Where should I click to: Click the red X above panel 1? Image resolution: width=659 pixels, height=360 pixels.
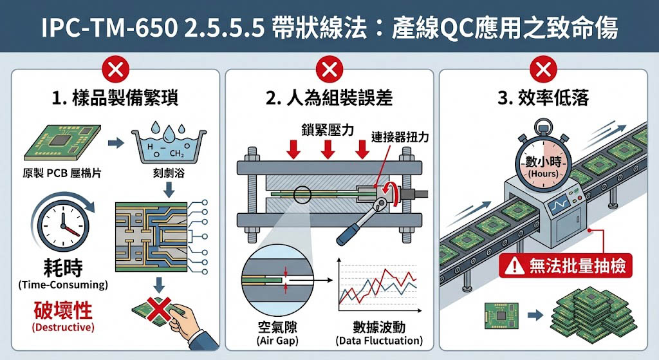[x=116, y=70]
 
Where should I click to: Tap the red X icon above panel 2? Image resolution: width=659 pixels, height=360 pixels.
[x=329, y=70]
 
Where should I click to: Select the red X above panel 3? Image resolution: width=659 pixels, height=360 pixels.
[x=543, y=70]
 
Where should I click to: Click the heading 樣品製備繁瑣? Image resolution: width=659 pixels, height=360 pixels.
[x=116, y=98]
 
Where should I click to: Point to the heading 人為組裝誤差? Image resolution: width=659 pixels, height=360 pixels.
[x=329, y=98]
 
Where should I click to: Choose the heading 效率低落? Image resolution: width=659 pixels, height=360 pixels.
[x=543, y=98]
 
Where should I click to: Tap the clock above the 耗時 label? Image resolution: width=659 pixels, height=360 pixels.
[x=64, y=222]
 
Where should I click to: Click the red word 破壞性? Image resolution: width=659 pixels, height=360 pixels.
[x=63, y=310]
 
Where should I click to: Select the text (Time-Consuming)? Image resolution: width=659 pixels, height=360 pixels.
[x=63, y=285]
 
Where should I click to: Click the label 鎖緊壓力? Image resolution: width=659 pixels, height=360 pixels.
[x=328, y=130]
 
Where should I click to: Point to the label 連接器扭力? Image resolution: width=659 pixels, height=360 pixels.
[x=400, y=137]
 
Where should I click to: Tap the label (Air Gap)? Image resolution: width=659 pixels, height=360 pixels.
[x=277, y=341]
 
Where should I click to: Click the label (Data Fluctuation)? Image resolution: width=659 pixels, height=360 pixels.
[x=379, y=341]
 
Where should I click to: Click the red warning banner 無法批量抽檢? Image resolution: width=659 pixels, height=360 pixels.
[x=566, y=266]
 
